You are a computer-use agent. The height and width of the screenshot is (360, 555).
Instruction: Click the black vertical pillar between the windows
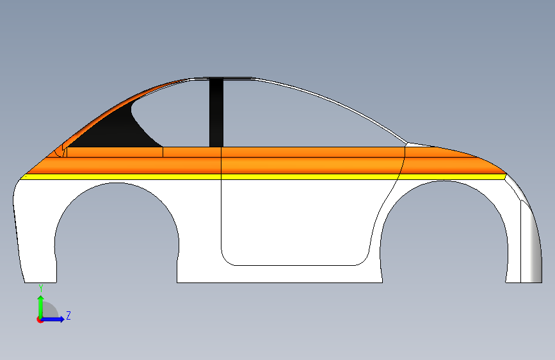pyautogui.click(x=216, y=112)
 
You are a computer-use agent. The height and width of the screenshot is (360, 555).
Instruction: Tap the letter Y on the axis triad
pyautogui.click(x=40, y=288)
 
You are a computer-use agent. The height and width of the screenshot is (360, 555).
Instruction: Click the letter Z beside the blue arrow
pyautogui.click(x=68, y=315)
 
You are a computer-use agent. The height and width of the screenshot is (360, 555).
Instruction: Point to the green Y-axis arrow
pyautogui.click(x=40, y=304)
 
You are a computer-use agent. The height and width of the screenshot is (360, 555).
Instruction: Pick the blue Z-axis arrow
pyautogui.click(x=54, y=319)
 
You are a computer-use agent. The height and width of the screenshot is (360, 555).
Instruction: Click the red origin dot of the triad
pyautogui.click(x=40, y=320)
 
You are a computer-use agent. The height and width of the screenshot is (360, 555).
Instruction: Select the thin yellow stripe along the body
pyautogui.click(x=256, y=176)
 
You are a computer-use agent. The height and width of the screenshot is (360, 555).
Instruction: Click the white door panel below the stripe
pyautogui.click(x=294, y=218)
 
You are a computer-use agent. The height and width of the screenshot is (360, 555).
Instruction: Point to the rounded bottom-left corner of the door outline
pyautogui.click(x=227, y=259)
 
